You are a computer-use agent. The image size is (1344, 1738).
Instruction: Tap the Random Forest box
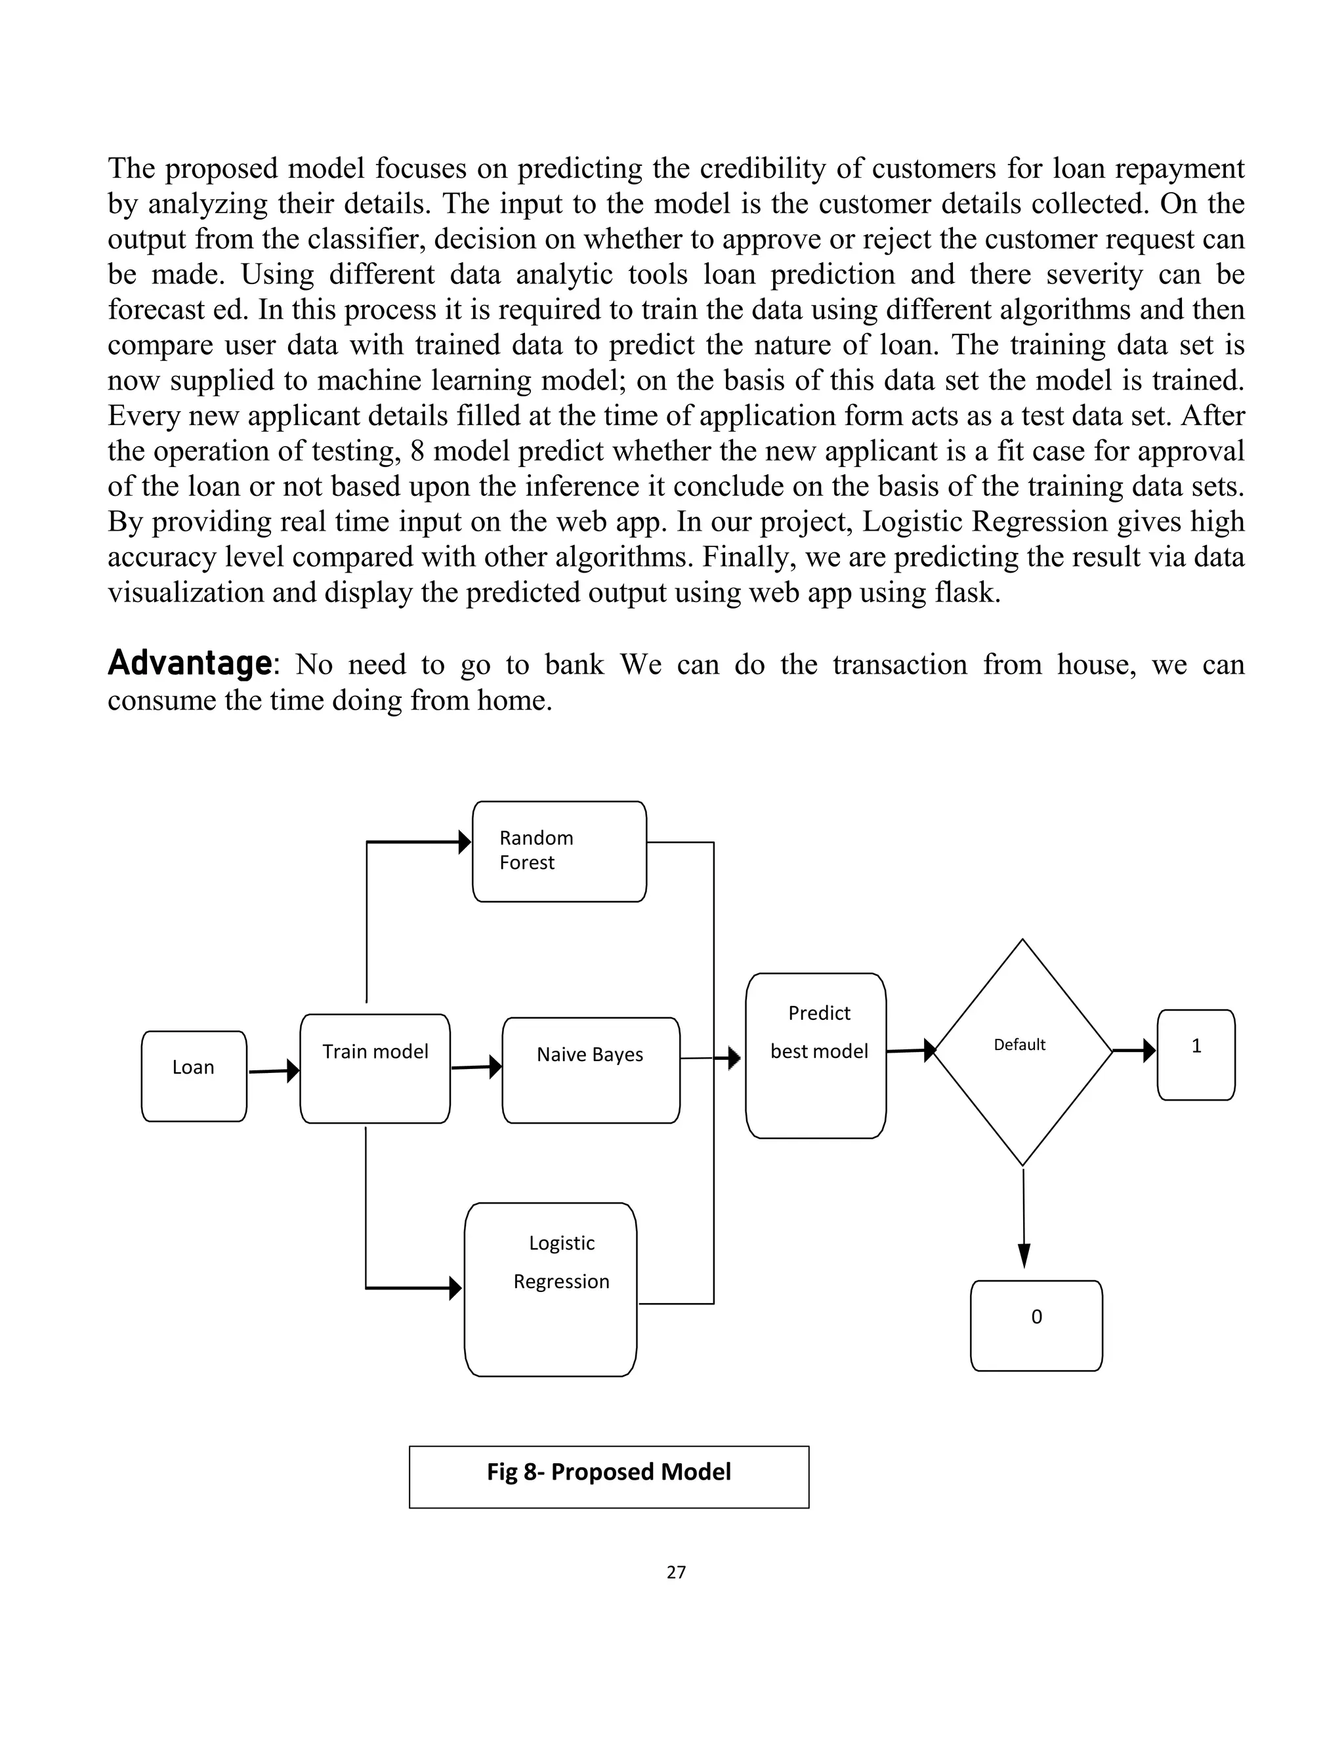tap(559, 851)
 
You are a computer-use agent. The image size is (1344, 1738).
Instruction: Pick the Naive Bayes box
tap(591, 1070)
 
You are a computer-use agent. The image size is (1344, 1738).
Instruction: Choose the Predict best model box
tap(815, 1055)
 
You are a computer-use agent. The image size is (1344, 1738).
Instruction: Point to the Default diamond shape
tap(1022, 1051)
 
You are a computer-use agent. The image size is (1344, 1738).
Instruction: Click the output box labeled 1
tap(1195, 1055)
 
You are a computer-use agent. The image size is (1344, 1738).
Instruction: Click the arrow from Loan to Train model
tap(273, 1071)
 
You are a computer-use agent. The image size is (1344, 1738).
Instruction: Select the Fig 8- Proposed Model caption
tap(608, 1472)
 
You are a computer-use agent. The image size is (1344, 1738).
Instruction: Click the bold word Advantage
tap(190, 663)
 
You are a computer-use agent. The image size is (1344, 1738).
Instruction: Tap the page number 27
tap(676, 1571)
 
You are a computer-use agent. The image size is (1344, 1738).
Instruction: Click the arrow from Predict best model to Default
tap(910, 1051)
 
